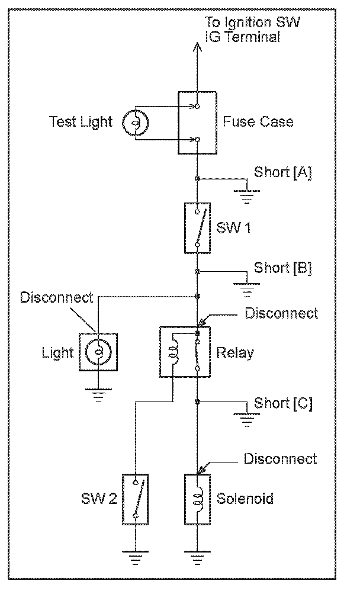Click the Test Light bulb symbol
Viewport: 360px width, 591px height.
(135, 123)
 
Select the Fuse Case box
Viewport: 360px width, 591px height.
(197, 123)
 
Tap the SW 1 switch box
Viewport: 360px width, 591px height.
(197, 228)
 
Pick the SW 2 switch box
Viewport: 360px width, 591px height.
(135, 499)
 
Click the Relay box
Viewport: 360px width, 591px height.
(185, 352)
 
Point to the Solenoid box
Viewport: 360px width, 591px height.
(197, 499)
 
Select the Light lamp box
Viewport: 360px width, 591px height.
(98, 352)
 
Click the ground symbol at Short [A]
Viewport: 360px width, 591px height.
(246, 197)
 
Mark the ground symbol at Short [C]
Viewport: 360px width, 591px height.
(246, 420)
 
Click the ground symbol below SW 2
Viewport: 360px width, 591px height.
(135, 558)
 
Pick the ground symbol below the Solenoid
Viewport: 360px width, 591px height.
(197, 558)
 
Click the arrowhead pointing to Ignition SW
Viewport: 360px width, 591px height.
(197, 47)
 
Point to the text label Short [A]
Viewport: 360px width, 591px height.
(282, 172)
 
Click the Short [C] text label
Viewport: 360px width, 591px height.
(282, 403)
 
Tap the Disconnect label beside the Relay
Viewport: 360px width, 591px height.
(281, 313)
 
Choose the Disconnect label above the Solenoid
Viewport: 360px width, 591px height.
(280, 459)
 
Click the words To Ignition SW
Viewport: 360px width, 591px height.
(252, 23)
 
